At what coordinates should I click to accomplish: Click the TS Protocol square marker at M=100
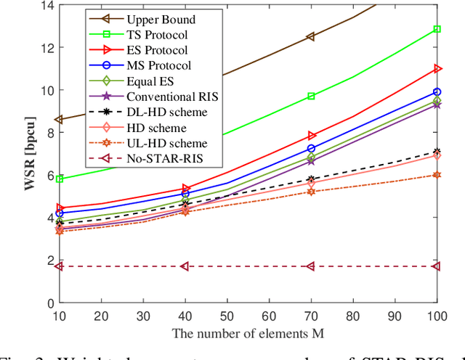437,29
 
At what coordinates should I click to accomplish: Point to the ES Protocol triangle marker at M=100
437,69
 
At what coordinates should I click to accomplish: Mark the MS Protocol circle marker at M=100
437,92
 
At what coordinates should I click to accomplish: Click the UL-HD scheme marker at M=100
437,175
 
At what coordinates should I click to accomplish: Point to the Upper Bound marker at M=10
60,119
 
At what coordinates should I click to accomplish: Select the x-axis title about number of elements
248,333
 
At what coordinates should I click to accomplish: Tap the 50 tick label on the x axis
227,316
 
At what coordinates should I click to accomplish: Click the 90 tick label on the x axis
395,316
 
